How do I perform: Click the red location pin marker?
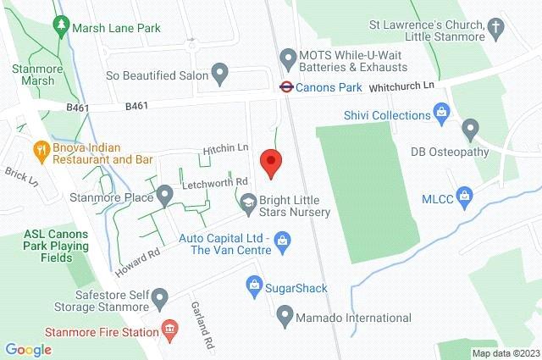(x=270, y=162)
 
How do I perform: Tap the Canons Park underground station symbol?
(x=286, y=86)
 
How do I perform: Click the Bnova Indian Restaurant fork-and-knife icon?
(x=39, y=151)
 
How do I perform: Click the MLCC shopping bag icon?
(x=463, y=197)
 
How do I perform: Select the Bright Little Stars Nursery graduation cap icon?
(x=248, y=202)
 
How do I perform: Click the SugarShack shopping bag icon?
(x=252, y=284)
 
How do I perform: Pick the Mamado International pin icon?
(x=285, y=317)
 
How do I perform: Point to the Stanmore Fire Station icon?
(x=169, y=327)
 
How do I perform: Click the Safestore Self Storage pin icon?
(x=163, y=295)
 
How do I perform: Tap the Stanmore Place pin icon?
(x=165, y=196)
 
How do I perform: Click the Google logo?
(x=29, y=349)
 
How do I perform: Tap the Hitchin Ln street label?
(x=220, y=149)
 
